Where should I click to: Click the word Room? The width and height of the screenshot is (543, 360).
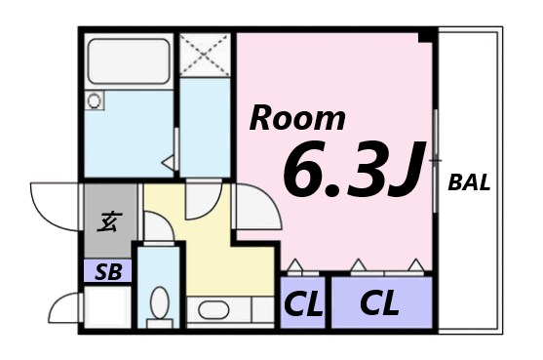point(298,118)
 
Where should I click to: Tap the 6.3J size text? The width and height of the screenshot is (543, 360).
point(352,169)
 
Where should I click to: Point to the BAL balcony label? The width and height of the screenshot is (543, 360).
point(469,182)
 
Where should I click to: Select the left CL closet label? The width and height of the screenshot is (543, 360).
point(303,305)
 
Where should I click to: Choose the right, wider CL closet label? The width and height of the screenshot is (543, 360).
point(379,304)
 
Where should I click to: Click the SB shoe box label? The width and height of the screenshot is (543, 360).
point(108,272)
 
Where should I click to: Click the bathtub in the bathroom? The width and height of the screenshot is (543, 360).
point(130,60)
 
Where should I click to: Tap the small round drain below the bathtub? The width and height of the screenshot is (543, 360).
point(95,100)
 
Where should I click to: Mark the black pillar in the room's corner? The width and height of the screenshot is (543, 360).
point(425,37)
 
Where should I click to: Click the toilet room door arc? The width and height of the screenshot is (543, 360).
point(160,230)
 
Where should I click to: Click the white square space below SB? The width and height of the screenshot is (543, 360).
point(107,307)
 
